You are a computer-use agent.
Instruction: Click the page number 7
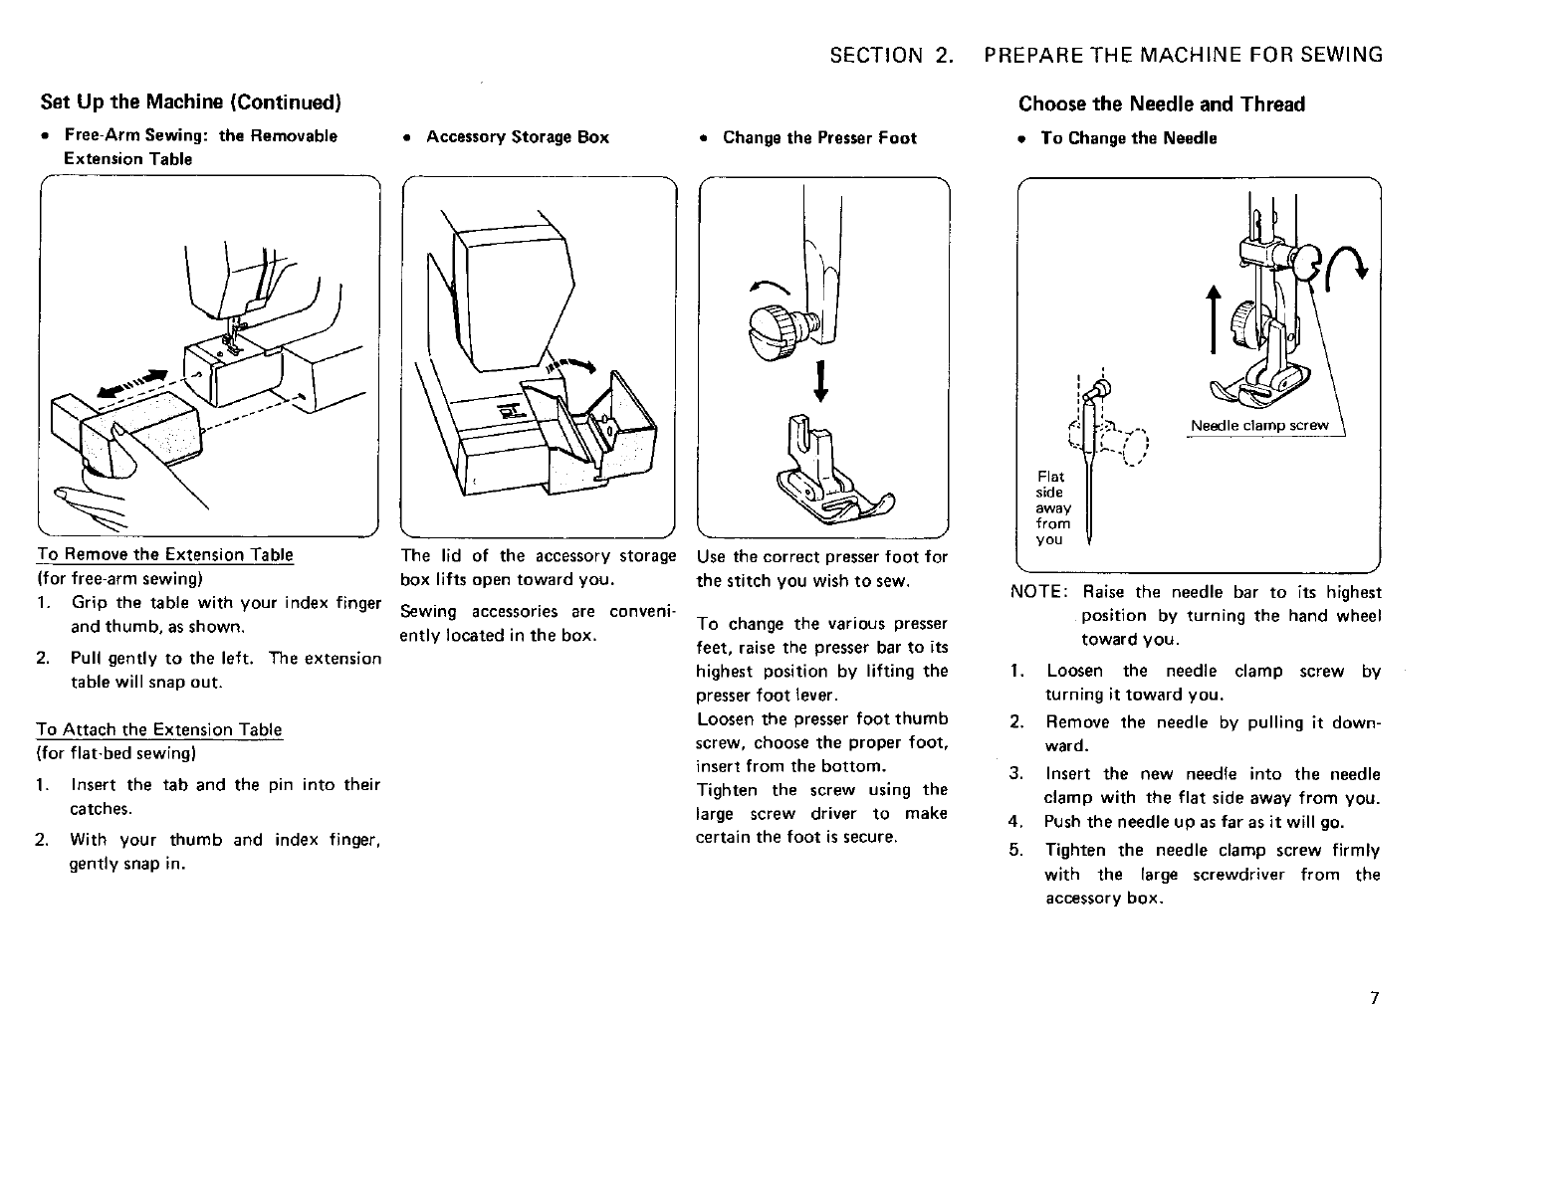(1373, 1000)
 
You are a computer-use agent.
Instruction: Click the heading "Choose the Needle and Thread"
(1161, 104)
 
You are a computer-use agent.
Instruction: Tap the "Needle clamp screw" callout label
(1259, 426)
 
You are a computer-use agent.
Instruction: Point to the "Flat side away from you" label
(1053, 507)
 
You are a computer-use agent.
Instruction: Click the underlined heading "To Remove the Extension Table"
(164, 554)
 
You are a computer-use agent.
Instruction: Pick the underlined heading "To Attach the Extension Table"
(159, 729)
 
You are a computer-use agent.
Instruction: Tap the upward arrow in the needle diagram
(1213, 319)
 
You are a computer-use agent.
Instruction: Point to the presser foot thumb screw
(782, 323)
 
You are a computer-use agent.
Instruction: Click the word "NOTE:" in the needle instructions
(1039, 592)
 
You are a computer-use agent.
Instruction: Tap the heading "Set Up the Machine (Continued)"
(191, 102)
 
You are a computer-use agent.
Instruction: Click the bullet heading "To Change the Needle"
(1128, 138)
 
